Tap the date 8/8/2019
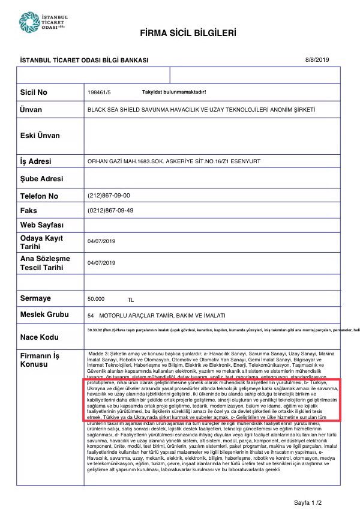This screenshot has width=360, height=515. pos(317,59)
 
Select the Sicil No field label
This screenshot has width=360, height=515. pos(34,93)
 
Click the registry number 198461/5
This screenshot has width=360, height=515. pos(99,92)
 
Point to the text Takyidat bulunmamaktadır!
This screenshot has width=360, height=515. pos(174,92)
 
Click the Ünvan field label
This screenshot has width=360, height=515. pos(32,111)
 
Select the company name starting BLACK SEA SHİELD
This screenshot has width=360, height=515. pos(201,110)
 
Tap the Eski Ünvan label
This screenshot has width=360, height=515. pos(40,136)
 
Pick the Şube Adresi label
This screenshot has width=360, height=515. pos(41,179)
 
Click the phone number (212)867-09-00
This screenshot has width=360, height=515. pos(109,196)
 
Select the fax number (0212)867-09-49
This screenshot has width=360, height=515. pos(110,210)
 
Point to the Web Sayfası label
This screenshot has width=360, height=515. pos(41,225)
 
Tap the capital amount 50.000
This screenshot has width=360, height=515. pos(96,298)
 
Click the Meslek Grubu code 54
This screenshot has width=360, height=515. pos(91,315)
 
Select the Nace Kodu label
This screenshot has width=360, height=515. pos(40,337)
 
